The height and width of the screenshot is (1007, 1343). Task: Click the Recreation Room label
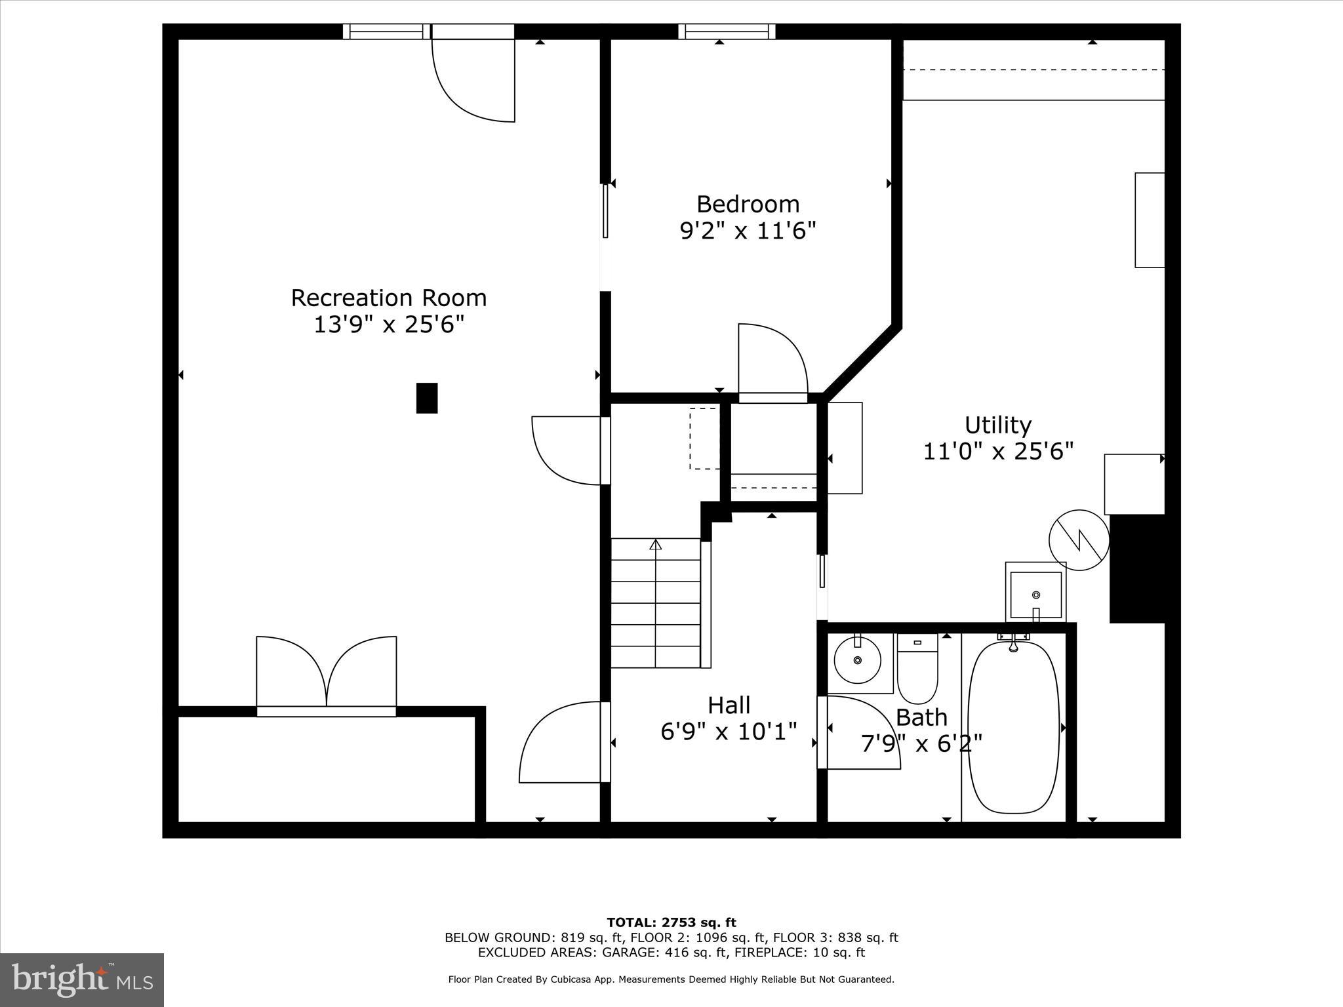pyautogui.click(x=389, y=298)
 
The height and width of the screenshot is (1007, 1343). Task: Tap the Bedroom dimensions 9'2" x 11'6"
pyautogui.click(x=748, y=231)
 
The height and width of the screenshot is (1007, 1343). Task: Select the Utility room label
pyautogui.click(x=998, y=425)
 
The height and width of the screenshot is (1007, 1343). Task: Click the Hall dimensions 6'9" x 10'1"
pyautogui.click(x=729, y=731)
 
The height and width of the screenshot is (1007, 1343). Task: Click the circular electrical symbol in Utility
pyautogui.click(x=1079, y=540)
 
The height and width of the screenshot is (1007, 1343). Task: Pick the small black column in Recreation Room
pyautogui.click(x=427, y=398)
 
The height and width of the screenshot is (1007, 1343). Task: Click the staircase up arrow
pyautogui.click(x=655, y=545)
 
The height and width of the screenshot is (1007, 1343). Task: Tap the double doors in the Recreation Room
pyautogui.click(x=327, y=675)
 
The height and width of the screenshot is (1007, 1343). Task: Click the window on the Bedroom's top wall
pyautogui.click(x=727, y=31)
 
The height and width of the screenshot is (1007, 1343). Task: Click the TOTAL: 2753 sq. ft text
pyautogui.click(x=671, y=923)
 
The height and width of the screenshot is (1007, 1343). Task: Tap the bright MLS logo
pyautogui.click(x=82, y=979)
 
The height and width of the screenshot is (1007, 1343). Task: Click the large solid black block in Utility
pyautogui.click(x=1136, y=568)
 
